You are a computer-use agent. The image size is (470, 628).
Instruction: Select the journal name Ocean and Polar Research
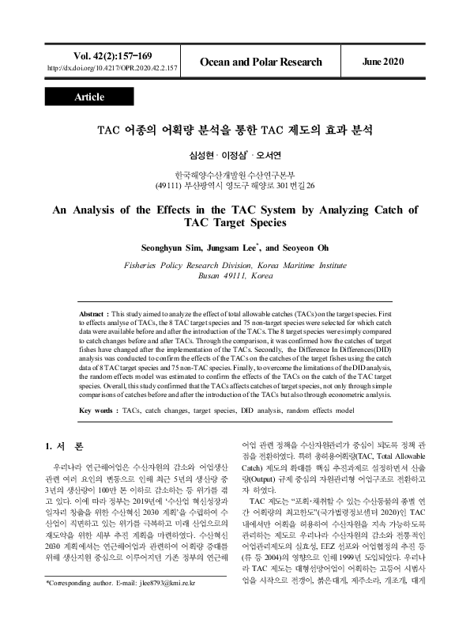coord(261,62)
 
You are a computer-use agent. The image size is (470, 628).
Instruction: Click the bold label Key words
coord(99,411)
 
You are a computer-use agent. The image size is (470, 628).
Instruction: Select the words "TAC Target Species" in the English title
coord(235,224)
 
